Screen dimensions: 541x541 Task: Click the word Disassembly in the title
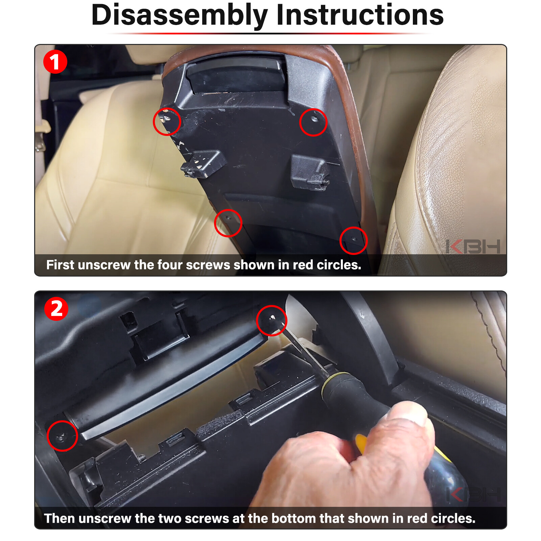(x=180, y=16)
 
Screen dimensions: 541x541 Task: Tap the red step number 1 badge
(x=55, y=62)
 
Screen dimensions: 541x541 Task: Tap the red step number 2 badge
(x=56, y=309)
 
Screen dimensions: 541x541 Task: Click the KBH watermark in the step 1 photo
(x=473, y=246)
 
